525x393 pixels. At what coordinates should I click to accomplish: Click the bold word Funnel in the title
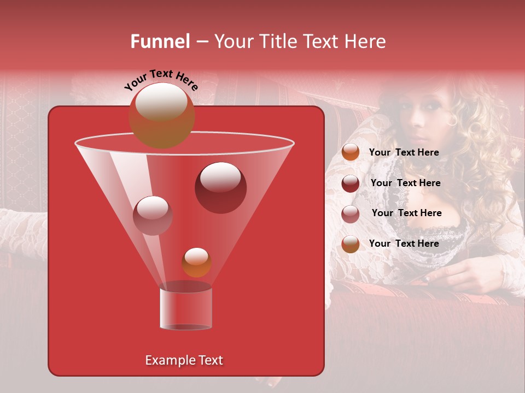point(160,41)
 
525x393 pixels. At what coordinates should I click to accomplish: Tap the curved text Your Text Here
point(161,79)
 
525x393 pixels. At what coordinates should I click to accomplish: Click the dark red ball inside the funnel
point(220,187)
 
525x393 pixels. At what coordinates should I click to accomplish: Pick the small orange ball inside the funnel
point(196,262)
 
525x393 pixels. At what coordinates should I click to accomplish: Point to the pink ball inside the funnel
point(153,215)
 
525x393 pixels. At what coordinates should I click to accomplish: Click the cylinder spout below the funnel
point(185,309)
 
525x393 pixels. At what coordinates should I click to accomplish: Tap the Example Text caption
point(184,360)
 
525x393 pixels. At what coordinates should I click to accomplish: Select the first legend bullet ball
point(351,152)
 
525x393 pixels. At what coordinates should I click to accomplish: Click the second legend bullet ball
point(351,183)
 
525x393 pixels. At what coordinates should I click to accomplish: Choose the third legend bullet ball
point(351,214)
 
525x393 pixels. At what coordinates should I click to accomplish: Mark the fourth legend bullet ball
point(351,244)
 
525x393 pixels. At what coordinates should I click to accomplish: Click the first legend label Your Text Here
point(404,152)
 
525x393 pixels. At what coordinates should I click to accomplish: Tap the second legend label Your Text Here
point(405,183)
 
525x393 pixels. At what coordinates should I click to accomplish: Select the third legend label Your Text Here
point(406,213)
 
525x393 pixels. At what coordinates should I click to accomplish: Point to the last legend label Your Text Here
point(404,243)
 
